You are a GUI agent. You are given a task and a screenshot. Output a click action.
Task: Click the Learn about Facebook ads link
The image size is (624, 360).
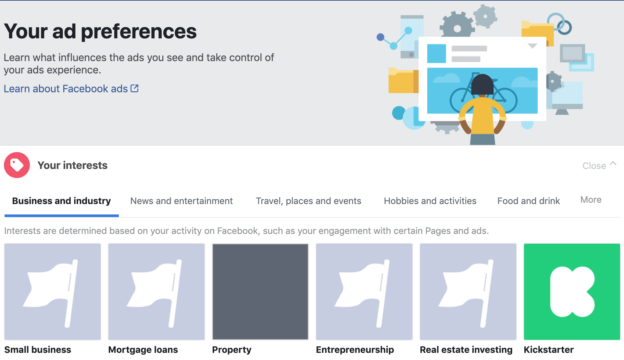click(x=71, y=89)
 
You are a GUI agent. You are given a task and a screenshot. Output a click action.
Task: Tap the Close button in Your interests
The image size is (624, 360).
click(x=599, y=165)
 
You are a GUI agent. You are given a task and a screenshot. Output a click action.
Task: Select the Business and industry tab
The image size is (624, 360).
click(x=61, y=201)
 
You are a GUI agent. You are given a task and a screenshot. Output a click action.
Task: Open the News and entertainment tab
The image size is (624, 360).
click(x=181, y=201)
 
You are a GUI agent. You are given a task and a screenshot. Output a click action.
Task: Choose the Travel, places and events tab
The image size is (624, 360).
click(x=308, y=201)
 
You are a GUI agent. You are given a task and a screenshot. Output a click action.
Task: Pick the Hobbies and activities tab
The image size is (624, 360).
click(x=430, y=201)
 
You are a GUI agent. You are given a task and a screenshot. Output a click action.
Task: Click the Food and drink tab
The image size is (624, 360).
click(x=529, y=201)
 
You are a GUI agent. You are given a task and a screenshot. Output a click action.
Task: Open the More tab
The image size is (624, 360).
click(x=591, y=200)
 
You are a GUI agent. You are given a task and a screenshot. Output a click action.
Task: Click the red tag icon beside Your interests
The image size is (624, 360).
click(x=17, y=165)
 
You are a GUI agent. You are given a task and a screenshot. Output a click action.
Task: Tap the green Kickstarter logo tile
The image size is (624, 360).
click(x=572, y=292)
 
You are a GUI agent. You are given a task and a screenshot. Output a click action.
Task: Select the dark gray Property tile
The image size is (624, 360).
click(x=260, y=292)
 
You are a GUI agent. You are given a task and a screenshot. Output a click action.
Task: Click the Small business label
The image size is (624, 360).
click(x=38, y=350)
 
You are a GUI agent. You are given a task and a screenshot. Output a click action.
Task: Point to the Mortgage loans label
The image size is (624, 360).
click(x=143, y=350)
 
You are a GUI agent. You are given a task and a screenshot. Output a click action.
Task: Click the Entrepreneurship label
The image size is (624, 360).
click(x=355, y=350)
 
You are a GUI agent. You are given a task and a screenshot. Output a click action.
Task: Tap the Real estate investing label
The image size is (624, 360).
click(x=466, y=350)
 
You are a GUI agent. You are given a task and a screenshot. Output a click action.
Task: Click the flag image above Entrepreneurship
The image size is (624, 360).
click(x=364, y=292)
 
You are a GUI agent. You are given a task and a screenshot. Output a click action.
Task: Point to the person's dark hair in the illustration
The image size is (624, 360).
click(x=482, y=84)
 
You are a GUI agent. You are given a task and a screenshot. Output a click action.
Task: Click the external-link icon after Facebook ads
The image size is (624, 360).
click(x=134, y=88)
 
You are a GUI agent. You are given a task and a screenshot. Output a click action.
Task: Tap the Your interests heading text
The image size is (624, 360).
click(x=72, y=165)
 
